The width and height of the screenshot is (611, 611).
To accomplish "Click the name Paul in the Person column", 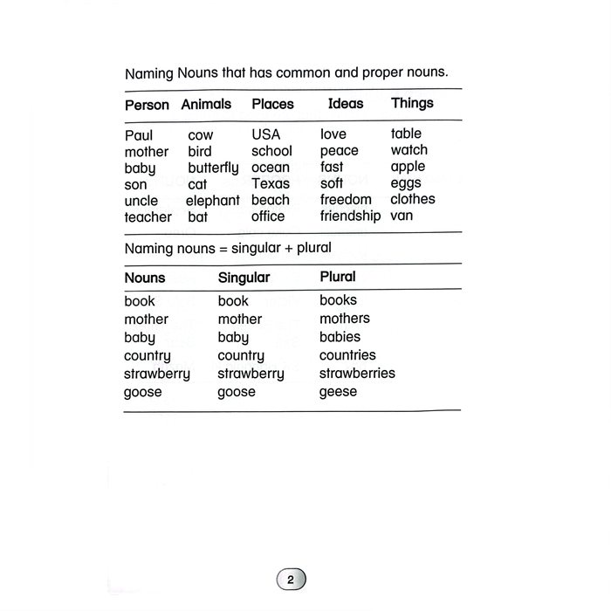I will (139, 135).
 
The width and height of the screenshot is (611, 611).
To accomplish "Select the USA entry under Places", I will (266, 135).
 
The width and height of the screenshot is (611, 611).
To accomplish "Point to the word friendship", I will (350, 216).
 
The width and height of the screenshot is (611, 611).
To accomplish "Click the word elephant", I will (212, 200).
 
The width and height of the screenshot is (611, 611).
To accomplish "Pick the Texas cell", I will (270, 183).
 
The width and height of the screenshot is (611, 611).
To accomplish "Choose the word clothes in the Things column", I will (412, 199).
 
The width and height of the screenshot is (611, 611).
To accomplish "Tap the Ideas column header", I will (346, 103).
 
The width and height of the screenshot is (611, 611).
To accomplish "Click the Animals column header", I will (206, 104).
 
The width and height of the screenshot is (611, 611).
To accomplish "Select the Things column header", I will (412, 103).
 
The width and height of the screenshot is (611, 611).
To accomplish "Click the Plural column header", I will (338, 277).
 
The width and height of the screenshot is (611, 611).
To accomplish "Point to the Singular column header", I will (244, 278).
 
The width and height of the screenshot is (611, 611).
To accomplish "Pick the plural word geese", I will (338, 392).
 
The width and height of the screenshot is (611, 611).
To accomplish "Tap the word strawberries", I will (357, 374).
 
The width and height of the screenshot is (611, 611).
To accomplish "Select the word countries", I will (347, 355).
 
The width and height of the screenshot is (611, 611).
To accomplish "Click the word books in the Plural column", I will (338, 300).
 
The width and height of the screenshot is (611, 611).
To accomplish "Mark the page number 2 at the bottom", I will (292, 580).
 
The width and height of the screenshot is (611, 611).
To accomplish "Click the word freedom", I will (346, 200).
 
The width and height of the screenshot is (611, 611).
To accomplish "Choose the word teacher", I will (148, 216).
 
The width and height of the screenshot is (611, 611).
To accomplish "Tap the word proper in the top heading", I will (380, 72).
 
